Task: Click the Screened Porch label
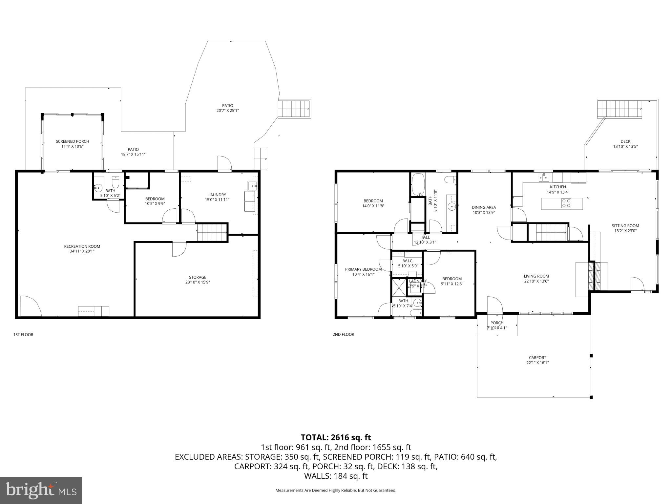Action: (72, 141)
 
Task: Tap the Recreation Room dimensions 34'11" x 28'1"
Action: (82, 251)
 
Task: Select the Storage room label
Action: (198, 277)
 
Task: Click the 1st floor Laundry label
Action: (217, 195)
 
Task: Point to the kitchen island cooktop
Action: (566, 203)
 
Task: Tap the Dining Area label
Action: (484, 207)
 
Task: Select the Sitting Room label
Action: (625, 226)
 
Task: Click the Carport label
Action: (537, 358)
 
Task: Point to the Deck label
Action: (625, 141)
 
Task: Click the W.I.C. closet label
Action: (408, 261)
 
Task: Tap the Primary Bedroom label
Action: (363, 269)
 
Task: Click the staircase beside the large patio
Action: (294, 108)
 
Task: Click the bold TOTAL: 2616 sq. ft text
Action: (336, 437)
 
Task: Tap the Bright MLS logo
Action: (41, 490)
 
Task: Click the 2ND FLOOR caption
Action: (343, 334)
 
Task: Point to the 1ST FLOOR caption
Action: (23, 335)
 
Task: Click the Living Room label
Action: (536, 276)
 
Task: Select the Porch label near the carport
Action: (497, 323)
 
